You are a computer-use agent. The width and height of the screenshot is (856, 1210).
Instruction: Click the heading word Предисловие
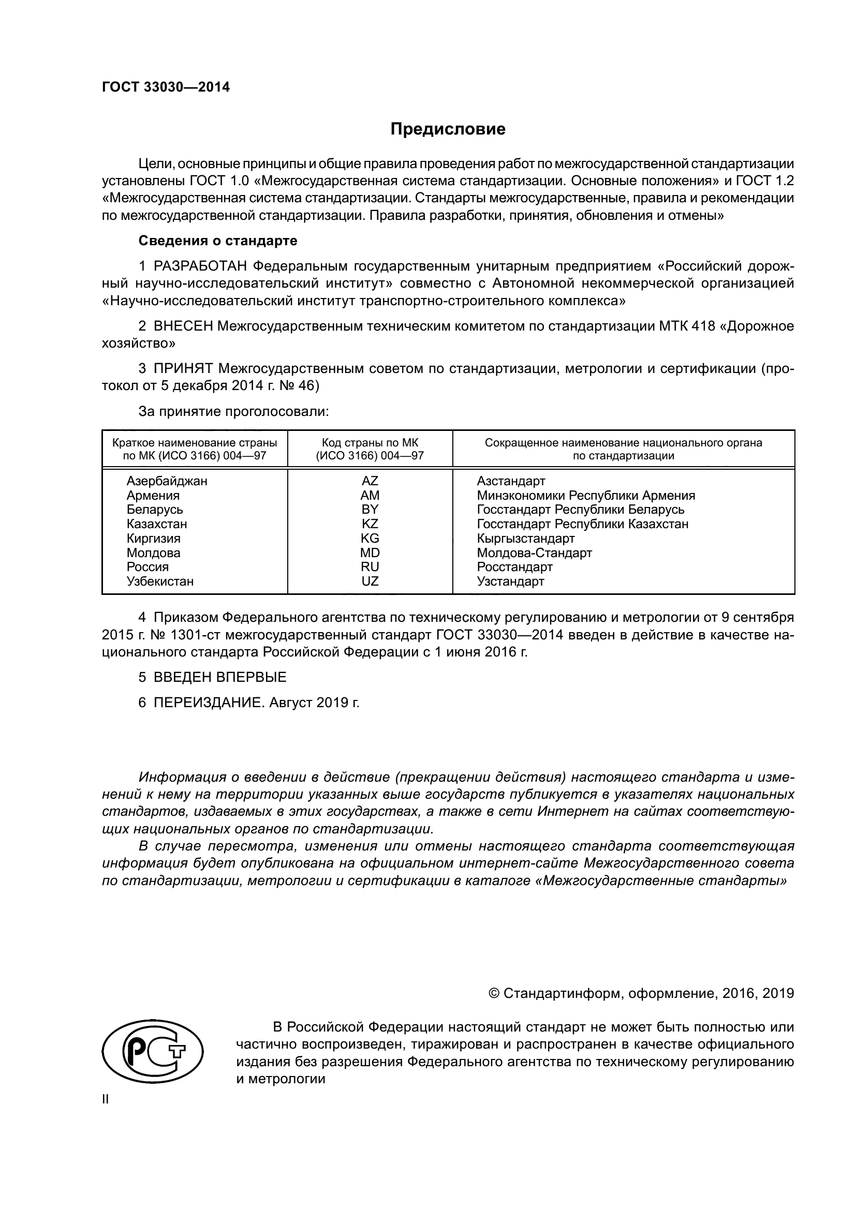point(448,129)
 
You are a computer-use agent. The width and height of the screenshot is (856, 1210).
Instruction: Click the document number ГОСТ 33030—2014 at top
point(166,87)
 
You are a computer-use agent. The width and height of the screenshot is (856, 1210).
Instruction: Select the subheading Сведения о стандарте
point(218,241)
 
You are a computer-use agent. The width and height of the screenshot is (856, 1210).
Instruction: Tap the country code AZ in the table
point(370,481)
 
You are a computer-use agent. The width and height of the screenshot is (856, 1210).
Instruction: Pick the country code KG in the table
point(370,538)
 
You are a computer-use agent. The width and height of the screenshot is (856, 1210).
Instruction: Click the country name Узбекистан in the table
point(160,581)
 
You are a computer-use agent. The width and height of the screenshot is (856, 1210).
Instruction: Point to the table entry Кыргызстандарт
point(525,538)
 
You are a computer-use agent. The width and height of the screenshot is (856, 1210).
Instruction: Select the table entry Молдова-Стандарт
point(535,553)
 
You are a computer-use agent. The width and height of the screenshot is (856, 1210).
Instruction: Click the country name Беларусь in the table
point(154,510)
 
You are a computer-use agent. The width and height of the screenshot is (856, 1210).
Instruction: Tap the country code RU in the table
point(370,567)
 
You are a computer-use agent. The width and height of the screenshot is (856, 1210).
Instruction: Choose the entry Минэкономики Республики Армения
point(586,496)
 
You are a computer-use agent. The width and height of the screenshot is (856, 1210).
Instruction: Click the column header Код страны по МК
point(370,443)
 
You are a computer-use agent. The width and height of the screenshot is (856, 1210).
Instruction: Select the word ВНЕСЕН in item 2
point(183,326)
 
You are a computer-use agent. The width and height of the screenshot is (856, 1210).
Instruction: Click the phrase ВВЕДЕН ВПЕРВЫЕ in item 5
point(220,677)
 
